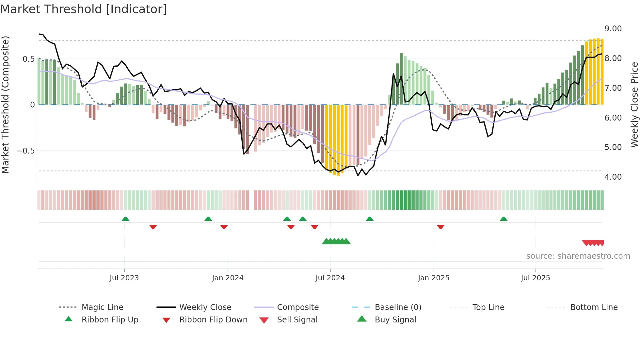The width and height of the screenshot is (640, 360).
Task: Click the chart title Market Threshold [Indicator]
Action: pos(84,9)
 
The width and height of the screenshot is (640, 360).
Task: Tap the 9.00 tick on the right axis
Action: pos(613,29)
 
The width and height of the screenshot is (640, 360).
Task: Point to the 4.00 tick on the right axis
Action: pos(613,177)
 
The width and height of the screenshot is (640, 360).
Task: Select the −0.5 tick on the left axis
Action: pos(25,151)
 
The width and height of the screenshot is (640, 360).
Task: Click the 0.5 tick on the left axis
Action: pos(28,59)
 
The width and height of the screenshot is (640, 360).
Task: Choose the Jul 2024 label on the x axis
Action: pos(330,278)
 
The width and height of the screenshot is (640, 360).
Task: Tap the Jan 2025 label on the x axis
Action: pos(433,278)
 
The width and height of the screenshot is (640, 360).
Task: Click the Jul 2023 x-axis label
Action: pos(124,278)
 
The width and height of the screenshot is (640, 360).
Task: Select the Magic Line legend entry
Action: pos(102,307)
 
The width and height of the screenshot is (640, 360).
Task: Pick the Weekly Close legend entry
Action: pos(205,307)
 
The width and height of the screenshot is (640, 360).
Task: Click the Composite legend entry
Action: pos(298,307)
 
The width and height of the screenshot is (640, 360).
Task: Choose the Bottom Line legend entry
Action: pos(594,307)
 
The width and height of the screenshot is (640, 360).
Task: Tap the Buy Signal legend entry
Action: pos(395,320)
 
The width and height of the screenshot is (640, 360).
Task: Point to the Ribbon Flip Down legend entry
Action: pos(213,320)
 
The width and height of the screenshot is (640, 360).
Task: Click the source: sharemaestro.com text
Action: pos(578,256)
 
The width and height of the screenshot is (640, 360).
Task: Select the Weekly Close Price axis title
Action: pos(634,105)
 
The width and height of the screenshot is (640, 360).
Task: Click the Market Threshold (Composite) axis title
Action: pos(5,105)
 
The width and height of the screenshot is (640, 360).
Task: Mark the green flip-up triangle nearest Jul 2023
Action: pos(125,219)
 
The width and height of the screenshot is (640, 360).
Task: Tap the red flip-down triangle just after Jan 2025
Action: pos(440,227)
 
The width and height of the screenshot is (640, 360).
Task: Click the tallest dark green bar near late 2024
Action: pos(401,79)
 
